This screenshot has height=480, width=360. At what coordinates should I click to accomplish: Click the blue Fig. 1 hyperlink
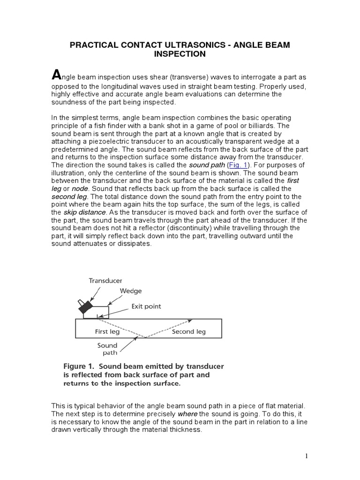[x=238, y=165]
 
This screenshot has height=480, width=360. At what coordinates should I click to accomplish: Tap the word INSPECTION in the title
[x=180, y=54]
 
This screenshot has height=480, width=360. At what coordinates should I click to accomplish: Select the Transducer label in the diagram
[x=105, y=280]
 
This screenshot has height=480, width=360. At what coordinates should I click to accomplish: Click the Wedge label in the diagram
[x=131, y=291]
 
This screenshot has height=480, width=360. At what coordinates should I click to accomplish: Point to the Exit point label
[x=146, y=306]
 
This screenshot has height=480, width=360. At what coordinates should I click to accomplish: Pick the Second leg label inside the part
[x=188, y=331]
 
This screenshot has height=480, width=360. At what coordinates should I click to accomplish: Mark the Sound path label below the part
[x=107, y=349]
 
